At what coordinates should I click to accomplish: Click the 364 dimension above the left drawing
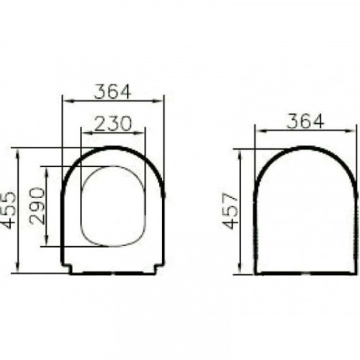coord(112,91)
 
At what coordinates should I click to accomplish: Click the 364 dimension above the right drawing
coord(305,121)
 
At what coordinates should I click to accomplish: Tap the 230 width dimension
coord(113,124)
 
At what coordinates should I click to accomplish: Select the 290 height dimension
coord(37,206)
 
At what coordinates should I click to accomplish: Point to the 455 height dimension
coord(9,210)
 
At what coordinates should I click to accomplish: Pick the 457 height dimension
coord(230,210)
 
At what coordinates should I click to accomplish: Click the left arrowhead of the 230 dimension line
coord(86,132)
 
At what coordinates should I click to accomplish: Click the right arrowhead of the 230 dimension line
coord(141,132)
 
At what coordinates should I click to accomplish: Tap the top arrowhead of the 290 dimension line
coord(47,170)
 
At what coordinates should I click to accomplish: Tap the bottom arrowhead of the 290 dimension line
coord(47,242)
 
